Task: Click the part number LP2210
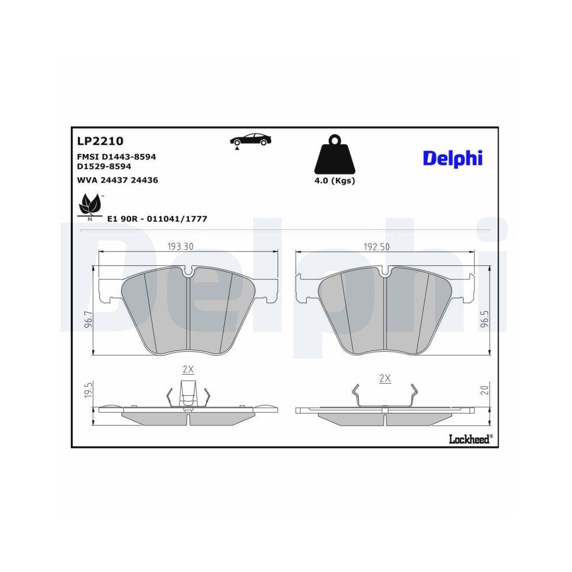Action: click(x=100, y=141)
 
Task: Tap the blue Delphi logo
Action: click(x=452, y=158)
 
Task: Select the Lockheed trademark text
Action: click(x=470, y=439)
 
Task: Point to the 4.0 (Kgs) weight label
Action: click(x=335, y=181)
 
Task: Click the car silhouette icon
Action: click(x=251, y=140)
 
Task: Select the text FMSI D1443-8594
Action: click(x=116, y=156)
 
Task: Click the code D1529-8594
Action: click(x=104, y=166)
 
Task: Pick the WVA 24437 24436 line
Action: click(x=117, y=180)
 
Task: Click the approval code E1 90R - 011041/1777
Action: click(x=157, y=219)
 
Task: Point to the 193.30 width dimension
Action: click(x=180, y=247)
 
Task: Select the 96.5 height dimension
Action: click(x=485, y=319)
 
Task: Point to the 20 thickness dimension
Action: click(x=484, y=391)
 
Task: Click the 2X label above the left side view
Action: click(x=188, y=370)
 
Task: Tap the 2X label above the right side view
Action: click(x=385, y=378)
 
